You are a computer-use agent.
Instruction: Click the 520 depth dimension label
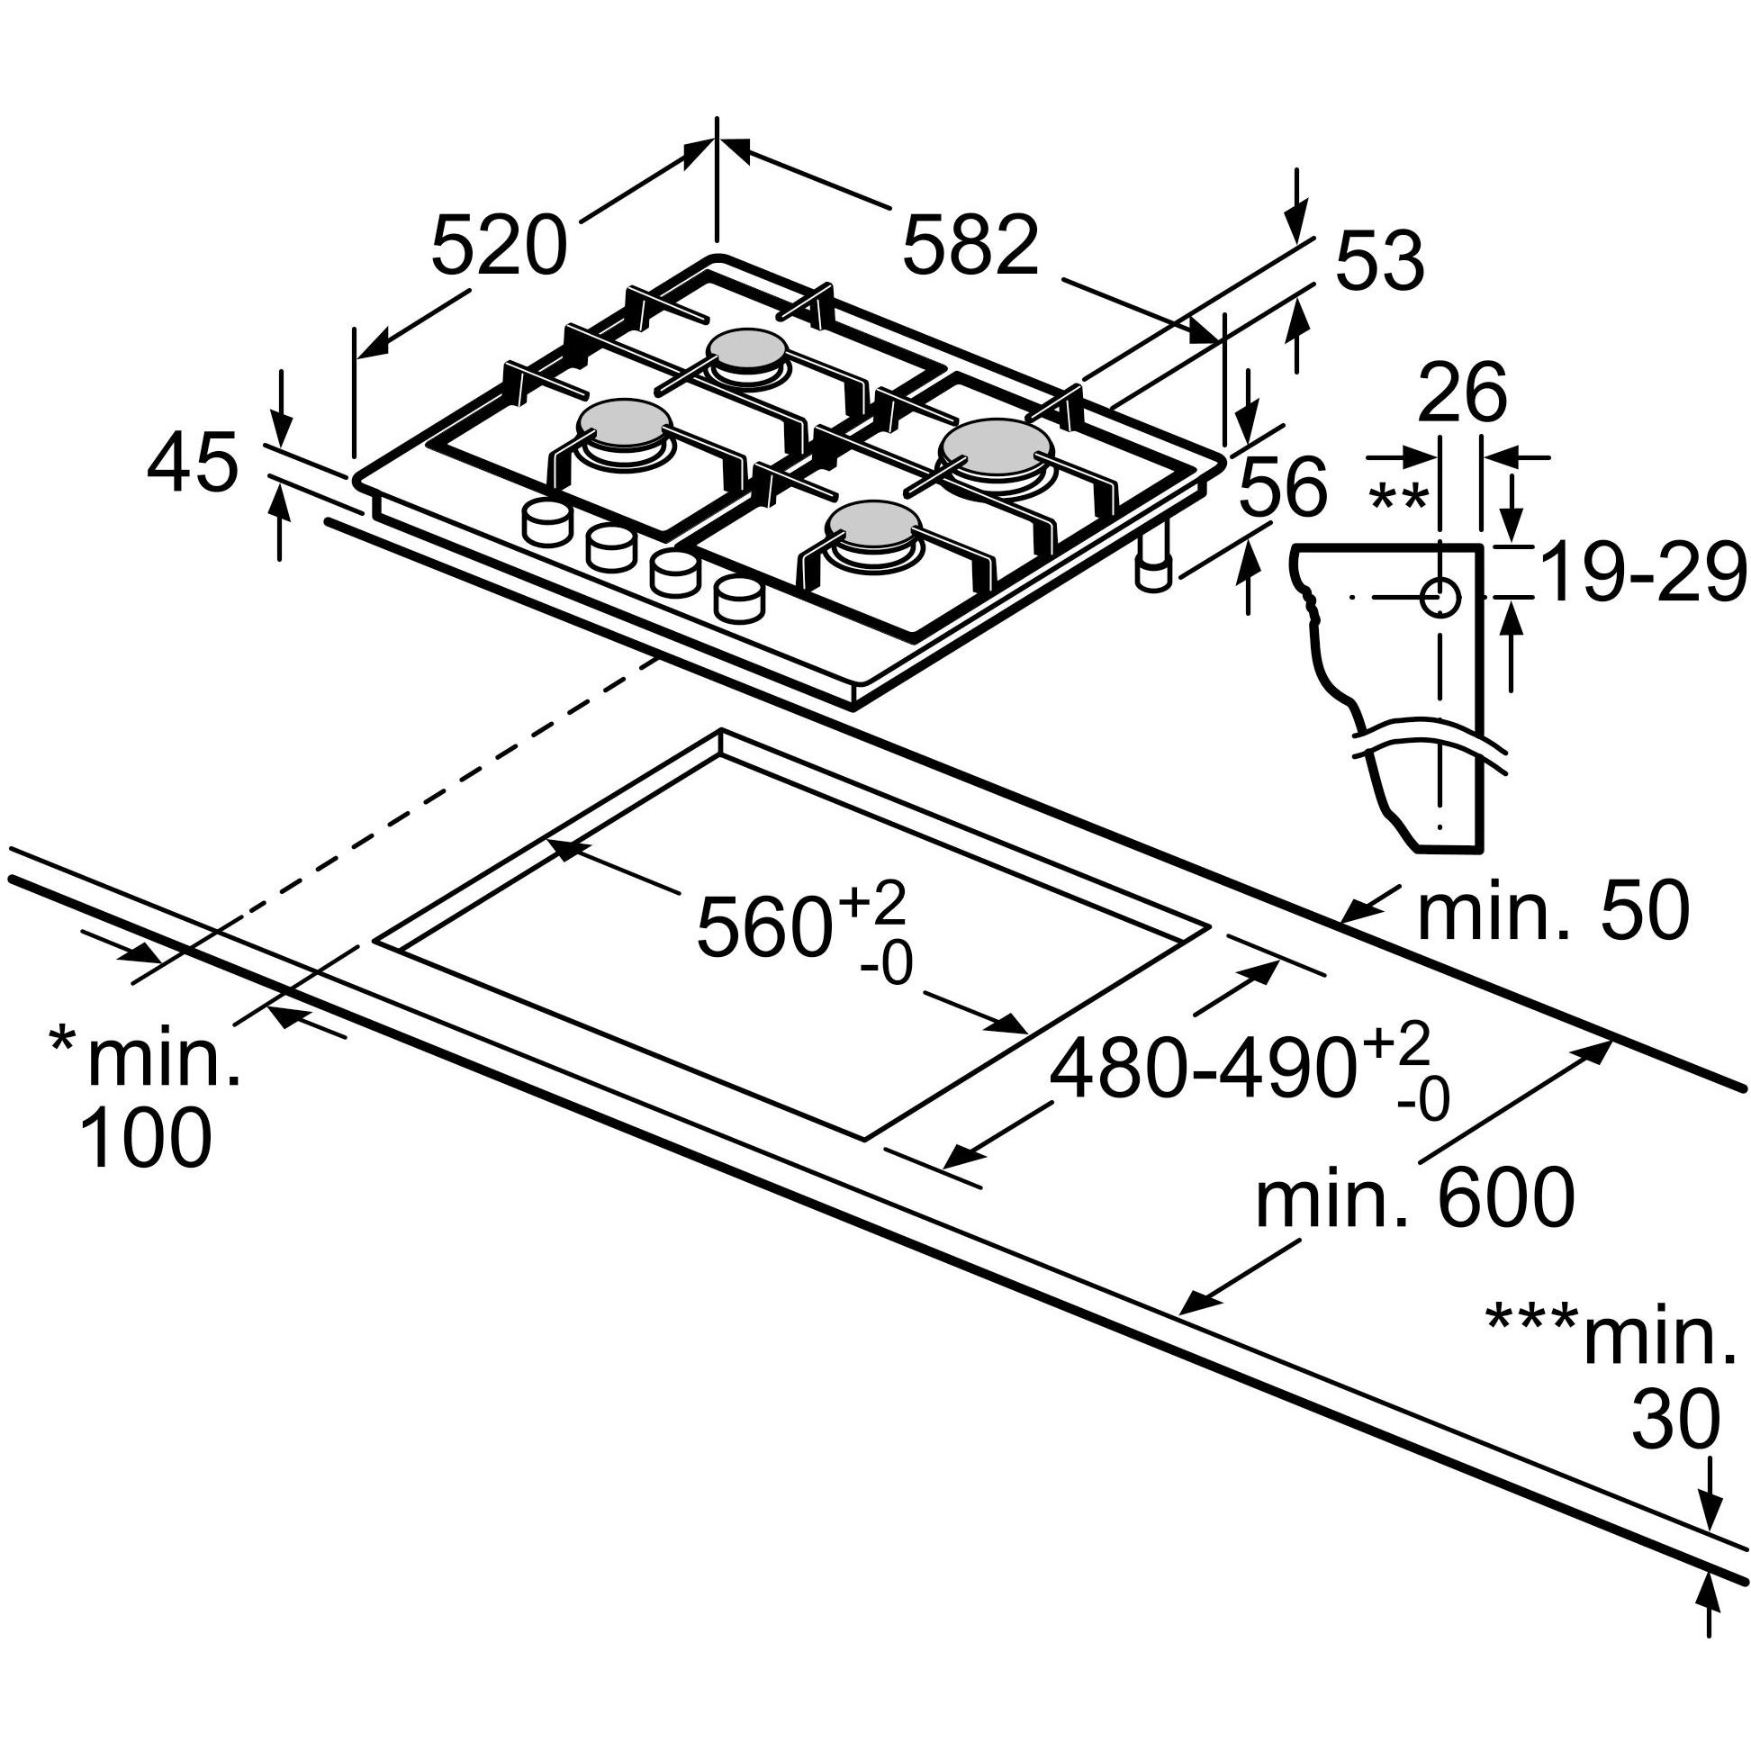point(499,246)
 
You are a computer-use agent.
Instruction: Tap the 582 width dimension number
point(970,244)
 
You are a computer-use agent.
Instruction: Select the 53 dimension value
point(1380,260)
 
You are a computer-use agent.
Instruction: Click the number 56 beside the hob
point(1283,487)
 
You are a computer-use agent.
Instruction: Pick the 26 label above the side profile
point(1462,393)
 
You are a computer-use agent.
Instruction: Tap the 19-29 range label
point(1642,571)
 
